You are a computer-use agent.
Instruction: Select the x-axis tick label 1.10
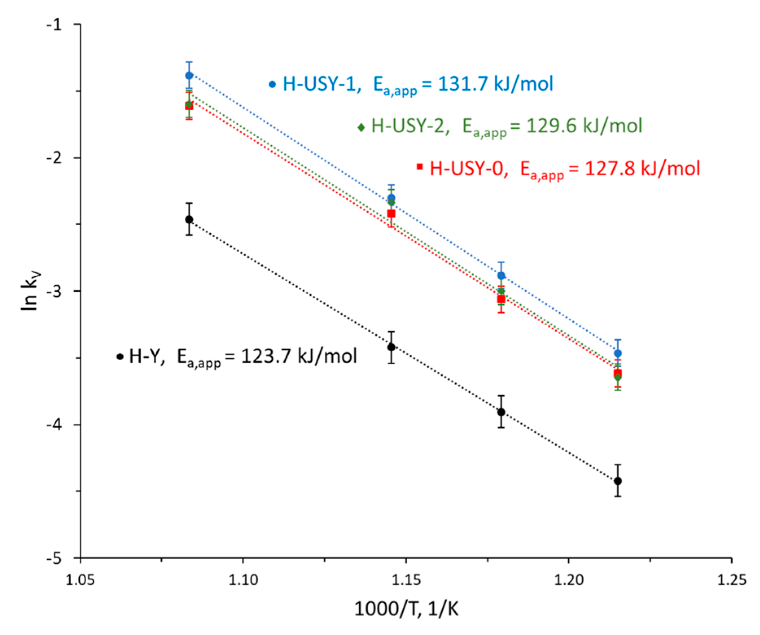coord(243,580)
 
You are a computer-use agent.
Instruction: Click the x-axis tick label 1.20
coord(568,580)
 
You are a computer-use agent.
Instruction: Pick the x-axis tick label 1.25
coord(731,580)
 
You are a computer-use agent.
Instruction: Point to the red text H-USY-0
coord(466,169)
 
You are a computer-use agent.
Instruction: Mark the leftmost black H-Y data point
coord(189,219)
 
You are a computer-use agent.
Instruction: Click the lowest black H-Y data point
coord(618,481)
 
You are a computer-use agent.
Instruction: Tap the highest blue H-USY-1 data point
coord(189,76)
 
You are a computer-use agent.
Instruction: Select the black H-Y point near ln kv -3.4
coord(391,347)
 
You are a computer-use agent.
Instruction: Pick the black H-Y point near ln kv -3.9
coord(501,412)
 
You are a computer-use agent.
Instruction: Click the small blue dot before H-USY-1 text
coord(273,85)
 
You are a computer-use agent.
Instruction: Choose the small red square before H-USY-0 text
coord(420,167)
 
